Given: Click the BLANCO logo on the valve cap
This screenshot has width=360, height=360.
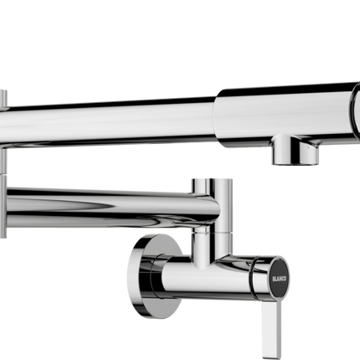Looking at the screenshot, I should tap(280, 275).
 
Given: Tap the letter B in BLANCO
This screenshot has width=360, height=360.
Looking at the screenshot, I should tap(280, 267).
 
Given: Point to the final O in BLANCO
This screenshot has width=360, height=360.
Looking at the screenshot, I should tap(280, 284).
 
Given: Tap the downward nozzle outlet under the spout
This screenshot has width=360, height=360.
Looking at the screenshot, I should tap(295, 156).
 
